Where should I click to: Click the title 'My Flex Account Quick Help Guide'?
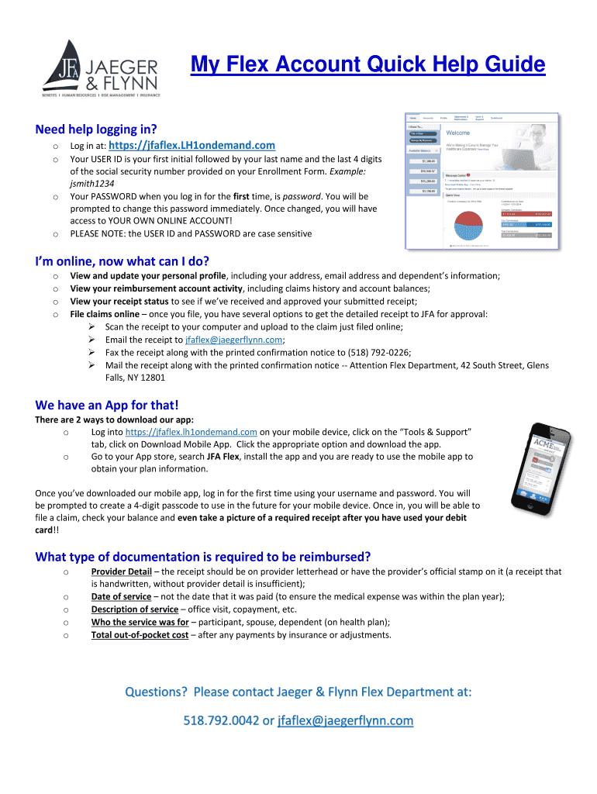coord(368,64)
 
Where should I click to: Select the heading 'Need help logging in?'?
coord(96,129)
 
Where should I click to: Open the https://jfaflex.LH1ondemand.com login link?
coord(192,145)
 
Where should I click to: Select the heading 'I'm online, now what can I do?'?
coord(123,260)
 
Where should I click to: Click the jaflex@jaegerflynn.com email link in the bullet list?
coord(234,340)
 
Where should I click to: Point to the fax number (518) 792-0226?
coord(370,352)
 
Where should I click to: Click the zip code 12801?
coord(151,378)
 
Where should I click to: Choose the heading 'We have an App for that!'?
coord(107,405)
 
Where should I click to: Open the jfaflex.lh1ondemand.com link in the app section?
coord(191,432)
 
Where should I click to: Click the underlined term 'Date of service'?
coord(121,596)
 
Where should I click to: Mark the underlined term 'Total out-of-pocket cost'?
coord(140,634)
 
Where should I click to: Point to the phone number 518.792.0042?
coord(222,720)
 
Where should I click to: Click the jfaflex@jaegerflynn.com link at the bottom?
coord(345,720)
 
